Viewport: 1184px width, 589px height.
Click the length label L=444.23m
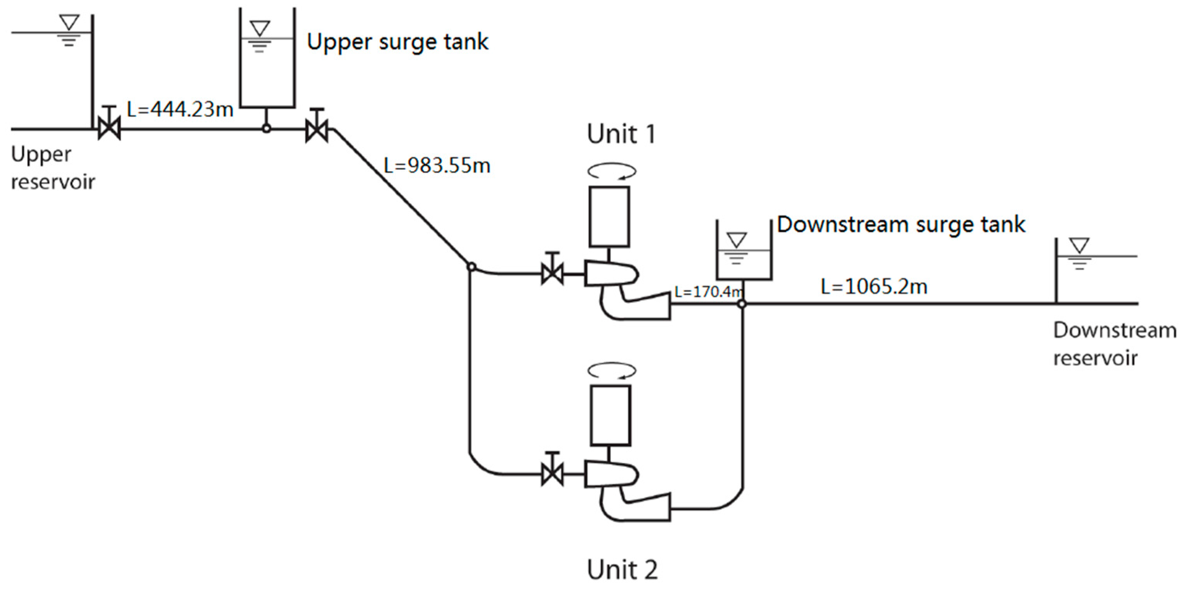click(x=180, y=109)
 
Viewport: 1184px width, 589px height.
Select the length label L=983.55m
click(x=437, y=165)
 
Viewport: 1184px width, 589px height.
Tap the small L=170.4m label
click(x=708, y=292)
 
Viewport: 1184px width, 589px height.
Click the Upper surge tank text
click(x=397, y=42)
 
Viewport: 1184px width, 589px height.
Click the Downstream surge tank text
click(x=901, y=224)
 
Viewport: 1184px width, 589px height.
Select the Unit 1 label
click(x=621, y=134)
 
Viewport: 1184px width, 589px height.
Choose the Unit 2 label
click(x=622, y=570)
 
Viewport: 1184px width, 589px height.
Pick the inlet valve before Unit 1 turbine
click(x=552, y=274)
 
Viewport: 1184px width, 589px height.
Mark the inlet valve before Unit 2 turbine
click(x=552, y=474)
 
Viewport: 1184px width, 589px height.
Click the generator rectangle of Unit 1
click(x=610, y=216)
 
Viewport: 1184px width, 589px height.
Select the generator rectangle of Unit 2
click(x=610, y=415)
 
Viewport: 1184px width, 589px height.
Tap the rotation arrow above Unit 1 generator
click(x=612, y=172)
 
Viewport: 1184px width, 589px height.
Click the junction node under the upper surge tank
click(x=266, y=129)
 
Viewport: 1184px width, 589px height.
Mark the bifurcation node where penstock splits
click(x=471, y=267)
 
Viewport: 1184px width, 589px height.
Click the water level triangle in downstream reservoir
click(x=1079, y=245)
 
